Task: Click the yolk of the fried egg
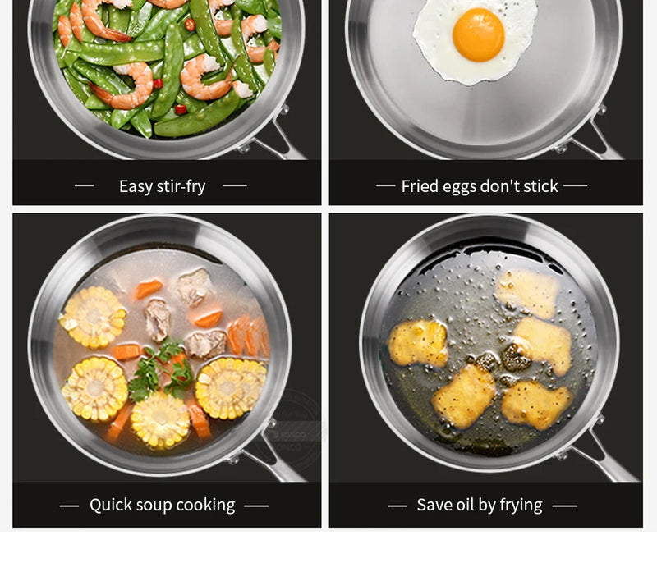(x=478, y=34)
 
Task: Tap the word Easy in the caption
(x=136, y=186)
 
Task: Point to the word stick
(x=540, y=186)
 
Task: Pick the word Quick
(x=109, y=505)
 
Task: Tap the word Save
(x=434, y=505)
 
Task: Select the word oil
(x=469, y=505)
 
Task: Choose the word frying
(x=521, y=505)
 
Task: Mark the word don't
(x=501, y=186)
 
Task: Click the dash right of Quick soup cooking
(x=256, y=506)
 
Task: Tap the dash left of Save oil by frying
(x=397, y=506)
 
